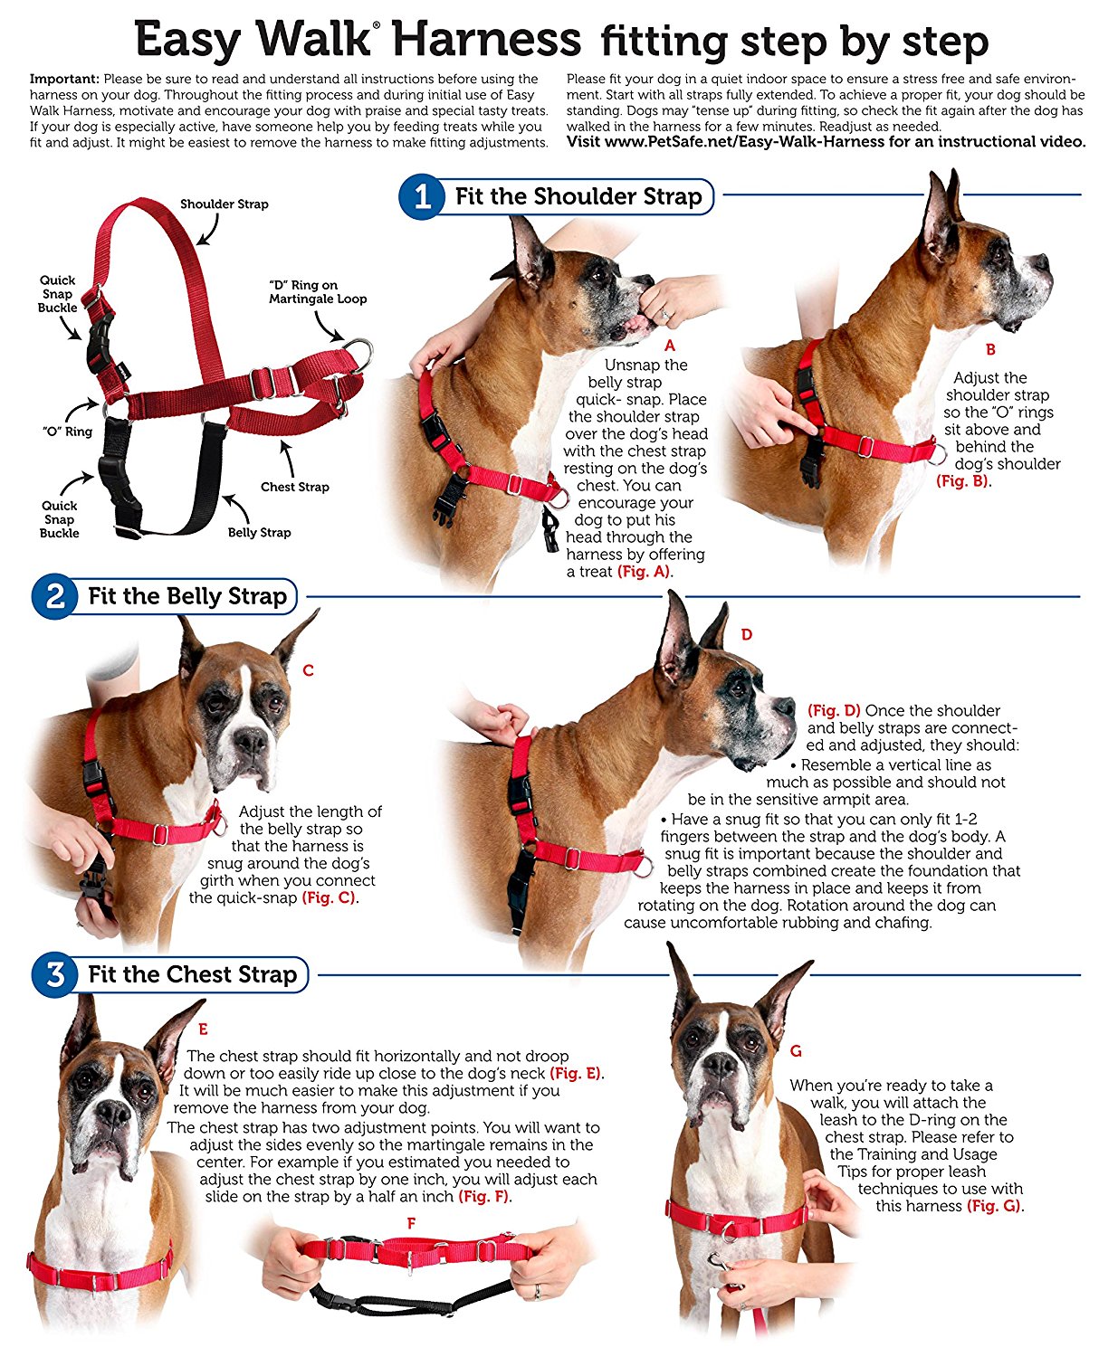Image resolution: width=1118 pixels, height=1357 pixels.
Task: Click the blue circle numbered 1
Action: coord(422,197)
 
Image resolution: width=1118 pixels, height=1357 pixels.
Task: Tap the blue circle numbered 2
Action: coord(54,597)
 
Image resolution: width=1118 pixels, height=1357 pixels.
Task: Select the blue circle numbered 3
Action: coord(54,975)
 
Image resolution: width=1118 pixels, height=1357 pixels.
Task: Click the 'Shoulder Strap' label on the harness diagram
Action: coord(224,204)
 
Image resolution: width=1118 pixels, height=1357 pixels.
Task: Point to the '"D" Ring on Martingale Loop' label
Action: coord(317,292)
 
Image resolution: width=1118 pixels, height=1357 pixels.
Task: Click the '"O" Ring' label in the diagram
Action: coord(67,432)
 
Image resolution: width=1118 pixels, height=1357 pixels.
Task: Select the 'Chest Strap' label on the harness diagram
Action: coord(294,487)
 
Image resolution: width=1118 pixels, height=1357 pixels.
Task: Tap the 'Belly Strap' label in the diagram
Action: coord(259,533)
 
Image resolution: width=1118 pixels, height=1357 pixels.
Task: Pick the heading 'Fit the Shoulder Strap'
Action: coord(578,197)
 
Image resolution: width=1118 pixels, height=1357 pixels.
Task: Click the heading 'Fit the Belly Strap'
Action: coord(186,597)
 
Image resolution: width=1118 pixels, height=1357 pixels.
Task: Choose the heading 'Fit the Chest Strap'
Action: coord(192,975)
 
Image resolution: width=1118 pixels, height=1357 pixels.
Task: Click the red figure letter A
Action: coord(670,346)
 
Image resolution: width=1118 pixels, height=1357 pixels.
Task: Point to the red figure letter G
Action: coord(796,1051)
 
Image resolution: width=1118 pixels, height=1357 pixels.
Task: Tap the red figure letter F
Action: coord(411,1223)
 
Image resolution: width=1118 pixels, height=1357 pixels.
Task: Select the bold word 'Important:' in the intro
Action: coord(64,80)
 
